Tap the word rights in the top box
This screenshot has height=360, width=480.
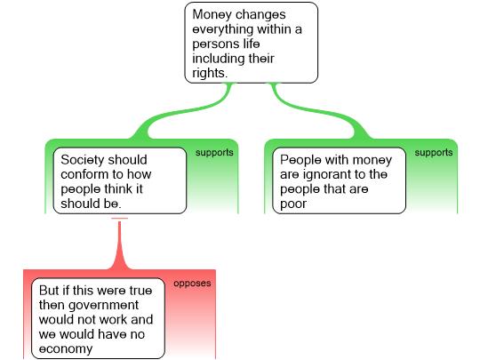click(x=210, y=73)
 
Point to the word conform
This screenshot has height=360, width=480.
click(x=84, y=174)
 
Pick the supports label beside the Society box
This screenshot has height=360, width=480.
click(x=214, y=153)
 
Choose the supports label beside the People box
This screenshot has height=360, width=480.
click(x=434, y=153)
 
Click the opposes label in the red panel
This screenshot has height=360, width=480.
click(x=192, y=284)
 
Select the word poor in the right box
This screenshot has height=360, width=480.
click(x=293, y=204)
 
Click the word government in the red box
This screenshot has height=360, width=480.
click(x=104, y=305)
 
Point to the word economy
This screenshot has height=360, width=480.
click(x=66, y=348)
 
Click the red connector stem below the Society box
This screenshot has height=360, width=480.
click(x=119, y=245)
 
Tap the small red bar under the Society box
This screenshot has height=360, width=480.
click(x=119, y=219)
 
